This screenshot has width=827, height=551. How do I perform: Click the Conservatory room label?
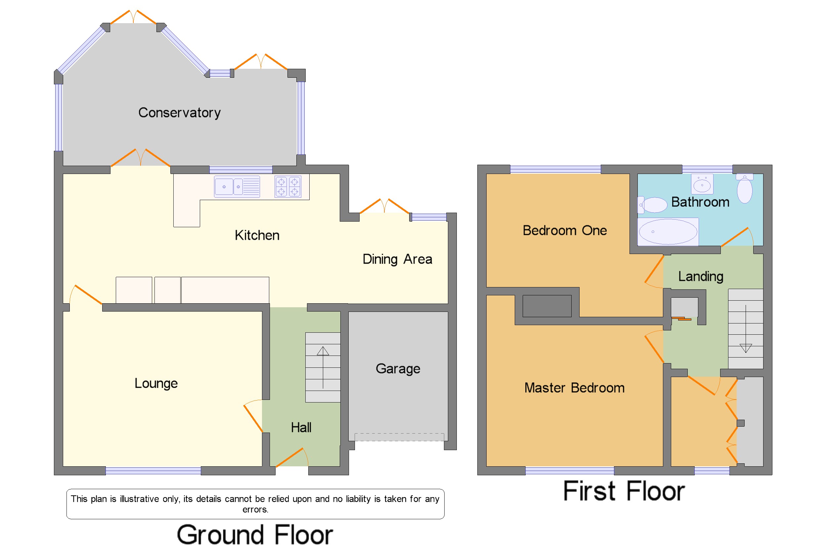pos(179,113)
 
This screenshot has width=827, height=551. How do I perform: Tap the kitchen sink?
pos(237,187)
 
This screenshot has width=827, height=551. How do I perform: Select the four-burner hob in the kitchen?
pos(288,187)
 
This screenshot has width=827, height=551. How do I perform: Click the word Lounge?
pos(156,383)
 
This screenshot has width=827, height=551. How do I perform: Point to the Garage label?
pos(398,369)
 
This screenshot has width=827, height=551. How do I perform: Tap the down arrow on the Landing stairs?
pos(746,329)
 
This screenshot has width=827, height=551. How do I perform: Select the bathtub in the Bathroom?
pos(668,232)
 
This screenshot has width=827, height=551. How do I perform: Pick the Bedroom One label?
pos(565,231)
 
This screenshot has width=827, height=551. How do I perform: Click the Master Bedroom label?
pos(574,388)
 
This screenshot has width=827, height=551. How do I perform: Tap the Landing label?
pos(701,276)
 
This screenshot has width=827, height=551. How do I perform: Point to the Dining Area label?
pos(397,259)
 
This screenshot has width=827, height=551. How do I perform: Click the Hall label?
pos(301,428)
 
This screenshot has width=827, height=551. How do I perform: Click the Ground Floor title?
pos(255,535)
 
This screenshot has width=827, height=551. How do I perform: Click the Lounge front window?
pos(153,471)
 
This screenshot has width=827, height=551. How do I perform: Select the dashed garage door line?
pos(399,437)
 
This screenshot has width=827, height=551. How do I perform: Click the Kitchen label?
pos(257,235)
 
